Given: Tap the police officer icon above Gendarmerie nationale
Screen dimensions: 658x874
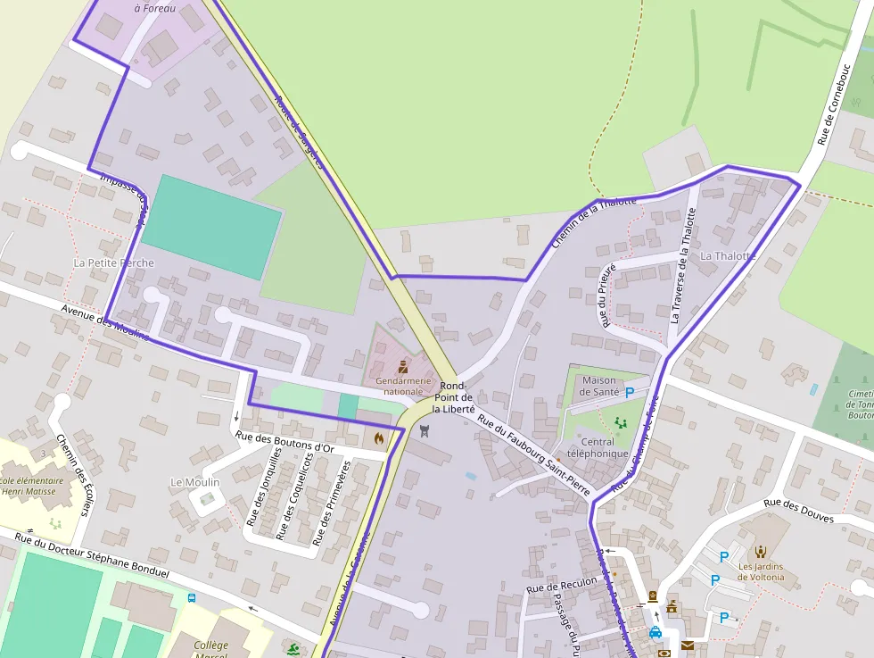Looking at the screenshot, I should click(x=403, y=367).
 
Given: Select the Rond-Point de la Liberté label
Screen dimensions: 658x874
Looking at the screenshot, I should click(x=453, y=397).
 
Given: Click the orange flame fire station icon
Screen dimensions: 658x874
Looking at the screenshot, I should click(x=379, y=438).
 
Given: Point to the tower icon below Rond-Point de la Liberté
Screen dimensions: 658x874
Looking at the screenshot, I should click(x=424, y=432).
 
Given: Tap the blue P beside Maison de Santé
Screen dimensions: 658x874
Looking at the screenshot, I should click(x=630, y=392).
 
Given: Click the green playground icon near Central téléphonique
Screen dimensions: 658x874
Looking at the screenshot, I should click(x=621, y=421).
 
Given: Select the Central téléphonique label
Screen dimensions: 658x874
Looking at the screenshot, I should click(x=597, y=447).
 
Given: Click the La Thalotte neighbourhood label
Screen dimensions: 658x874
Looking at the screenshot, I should click(x=728, y=255).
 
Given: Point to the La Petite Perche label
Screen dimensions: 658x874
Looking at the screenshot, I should click(x=114, y=262).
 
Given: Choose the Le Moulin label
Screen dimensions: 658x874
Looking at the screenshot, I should click(x=194, y=482).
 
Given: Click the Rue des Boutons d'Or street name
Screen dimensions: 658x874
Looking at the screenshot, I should click(x=284, y=441).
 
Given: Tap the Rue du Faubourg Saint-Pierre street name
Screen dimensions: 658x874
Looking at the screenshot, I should click(x=533, y=449).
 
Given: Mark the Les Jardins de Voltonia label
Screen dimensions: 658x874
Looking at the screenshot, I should click(x=761, y=571).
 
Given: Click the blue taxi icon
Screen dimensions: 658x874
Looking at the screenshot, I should click(x=655, y=633).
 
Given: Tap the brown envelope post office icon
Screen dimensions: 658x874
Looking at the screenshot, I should click(x=687, y=645).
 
